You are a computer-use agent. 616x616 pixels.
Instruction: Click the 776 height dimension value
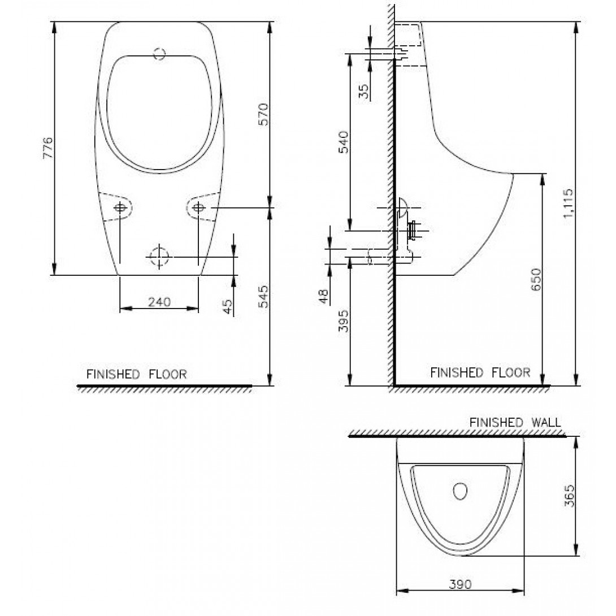coord(47,148)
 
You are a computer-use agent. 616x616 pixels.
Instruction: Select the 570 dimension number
coord(263,114)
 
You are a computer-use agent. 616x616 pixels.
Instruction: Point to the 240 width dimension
coord(159,302)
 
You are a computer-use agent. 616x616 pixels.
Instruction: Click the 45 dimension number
coord(227,307)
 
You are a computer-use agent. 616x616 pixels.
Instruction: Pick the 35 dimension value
coord(364,92)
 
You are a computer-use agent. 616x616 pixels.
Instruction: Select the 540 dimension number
coord(343,142)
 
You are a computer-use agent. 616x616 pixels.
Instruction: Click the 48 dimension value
coord(323,297)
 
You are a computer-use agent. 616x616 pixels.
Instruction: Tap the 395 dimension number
coord(344,321)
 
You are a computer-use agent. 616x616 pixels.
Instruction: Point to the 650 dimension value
coord(536,279)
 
